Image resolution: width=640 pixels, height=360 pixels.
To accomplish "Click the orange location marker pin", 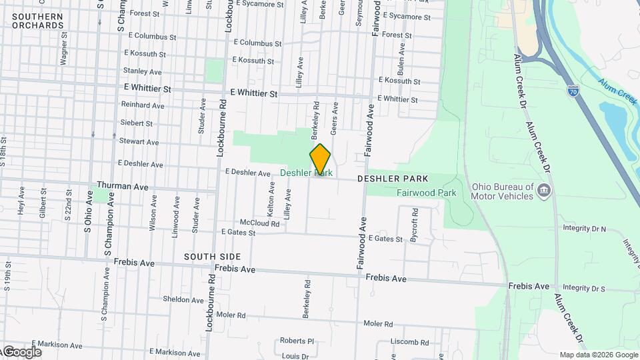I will [x=320, y=159].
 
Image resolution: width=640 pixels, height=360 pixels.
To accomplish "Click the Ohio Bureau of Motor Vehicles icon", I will [x=544, y=191].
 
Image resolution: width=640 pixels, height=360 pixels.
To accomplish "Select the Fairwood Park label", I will [x=427, y=193].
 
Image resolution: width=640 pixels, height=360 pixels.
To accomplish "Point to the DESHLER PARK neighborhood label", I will [x=392, y=179].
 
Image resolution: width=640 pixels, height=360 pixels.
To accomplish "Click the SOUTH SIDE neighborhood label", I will [x=212, y=257].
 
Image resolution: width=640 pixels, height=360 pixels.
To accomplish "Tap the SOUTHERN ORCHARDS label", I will [x=37, y=21].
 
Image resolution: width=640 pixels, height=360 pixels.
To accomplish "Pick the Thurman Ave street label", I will [x=123, y=186].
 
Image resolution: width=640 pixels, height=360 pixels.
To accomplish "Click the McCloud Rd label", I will [x=259, y=223].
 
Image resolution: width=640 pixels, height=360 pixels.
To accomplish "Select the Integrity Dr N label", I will [x=584, y=229].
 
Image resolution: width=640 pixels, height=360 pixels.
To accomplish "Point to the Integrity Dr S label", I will [x=583, y=288].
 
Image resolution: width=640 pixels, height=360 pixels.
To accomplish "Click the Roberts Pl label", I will [x=296, y=340].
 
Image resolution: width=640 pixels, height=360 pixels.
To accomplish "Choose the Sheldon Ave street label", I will [x=183, y=300].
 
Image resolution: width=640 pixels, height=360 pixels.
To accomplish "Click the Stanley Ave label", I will [x=143, y=71].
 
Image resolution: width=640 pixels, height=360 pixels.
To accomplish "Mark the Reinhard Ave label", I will [x=143, y=105].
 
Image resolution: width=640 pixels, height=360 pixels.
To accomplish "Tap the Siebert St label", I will [x=137, y=123].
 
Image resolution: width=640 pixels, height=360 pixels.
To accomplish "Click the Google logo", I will [x=22, y=351].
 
